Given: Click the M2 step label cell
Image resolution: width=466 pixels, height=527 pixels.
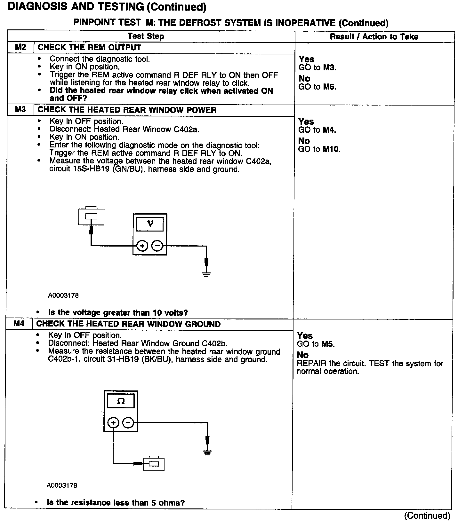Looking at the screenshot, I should click(x=20, y=47).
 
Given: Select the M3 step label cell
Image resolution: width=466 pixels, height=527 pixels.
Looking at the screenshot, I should click(x=20, y=110).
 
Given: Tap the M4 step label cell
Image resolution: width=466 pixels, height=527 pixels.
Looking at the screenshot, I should click(x=19, y=324).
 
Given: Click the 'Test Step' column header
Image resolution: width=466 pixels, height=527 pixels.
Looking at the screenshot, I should click(x=146, y=36).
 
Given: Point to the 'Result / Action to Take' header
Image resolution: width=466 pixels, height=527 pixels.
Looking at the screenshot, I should click(x=374, y=37).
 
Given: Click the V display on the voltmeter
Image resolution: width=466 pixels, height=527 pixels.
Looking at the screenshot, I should click(x=150, y=224).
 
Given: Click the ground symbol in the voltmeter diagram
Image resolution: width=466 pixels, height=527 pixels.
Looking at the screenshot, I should click(x=206, y=274).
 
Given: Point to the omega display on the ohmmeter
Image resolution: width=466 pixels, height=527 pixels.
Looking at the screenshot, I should click(x=121, y=401).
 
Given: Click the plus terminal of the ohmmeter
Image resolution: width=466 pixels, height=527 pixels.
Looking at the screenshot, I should click(x=113, y=423).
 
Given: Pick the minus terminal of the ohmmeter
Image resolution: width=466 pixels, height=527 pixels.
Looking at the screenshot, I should click(x=128, y=423).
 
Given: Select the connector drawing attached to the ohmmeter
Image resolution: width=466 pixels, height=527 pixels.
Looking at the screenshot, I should click(x=154, y=463).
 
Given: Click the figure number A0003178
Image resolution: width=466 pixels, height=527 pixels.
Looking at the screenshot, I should click(x=63, y=295).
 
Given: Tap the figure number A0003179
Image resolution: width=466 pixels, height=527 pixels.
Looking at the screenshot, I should click(x=62, y=485).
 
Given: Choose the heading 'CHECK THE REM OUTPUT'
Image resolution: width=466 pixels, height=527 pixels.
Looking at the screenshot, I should click(x=89, y=47).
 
